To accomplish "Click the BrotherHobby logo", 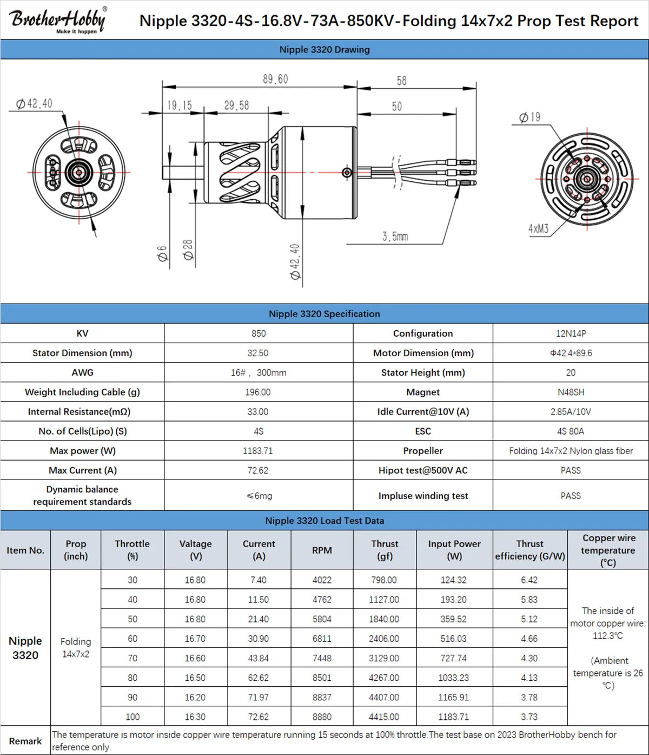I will (57, 20).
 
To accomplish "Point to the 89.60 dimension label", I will (275, 79).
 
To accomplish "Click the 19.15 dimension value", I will (179, 105).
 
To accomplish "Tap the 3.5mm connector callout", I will (395, 237).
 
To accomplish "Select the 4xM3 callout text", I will (538, 228).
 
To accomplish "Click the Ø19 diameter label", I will (529, 117).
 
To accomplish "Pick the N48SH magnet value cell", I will (571, 392).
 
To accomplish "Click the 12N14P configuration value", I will (571, 333).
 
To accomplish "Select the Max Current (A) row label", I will (82, 470).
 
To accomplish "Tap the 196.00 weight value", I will (258, 392).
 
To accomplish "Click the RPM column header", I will (322, 550).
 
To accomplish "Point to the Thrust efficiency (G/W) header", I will (529, 550).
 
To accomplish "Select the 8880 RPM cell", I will (322, 717).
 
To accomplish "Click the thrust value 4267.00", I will (384, 678).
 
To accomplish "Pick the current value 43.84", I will (259, 658).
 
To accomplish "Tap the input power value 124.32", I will (453, 580).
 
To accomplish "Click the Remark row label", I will (25, 741).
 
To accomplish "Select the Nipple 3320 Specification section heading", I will (324, 314).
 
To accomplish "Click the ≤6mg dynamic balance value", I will (259, 496).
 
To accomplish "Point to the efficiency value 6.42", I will (529, 580).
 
